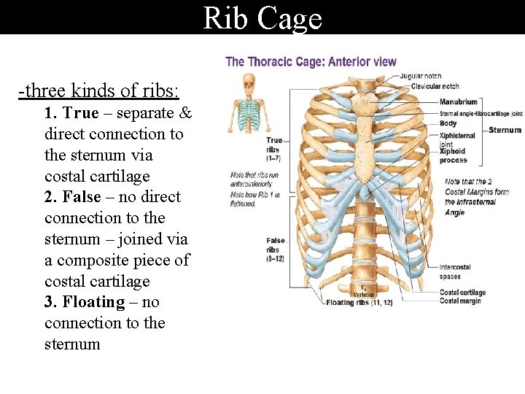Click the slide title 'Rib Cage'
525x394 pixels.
pyautogui.click(x=262, y=18)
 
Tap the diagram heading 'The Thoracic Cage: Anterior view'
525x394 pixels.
pyautogui.click(x=311, y=61)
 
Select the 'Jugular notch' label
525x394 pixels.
pyautogui.click(x=421, y=76)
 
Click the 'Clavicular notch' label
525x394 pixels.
pyautogui.click(x=435, y=86)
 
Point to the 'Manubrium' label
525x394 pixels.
pyautogui.click(x=459, y=102)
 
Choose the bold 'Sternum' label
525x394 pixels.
pyautogui.click(x=505, y=130)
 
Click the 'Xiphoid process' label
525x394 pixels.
pyautogui.click(x=453, y=156)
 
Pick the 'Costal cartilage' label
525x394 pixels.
pyautogui.click(x=462, y=293)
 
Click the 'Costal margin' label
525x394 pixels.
pyautogui.click(x=459, y=301)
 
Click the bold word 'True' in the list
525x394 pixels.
pyautogui.click(x=79, y=113)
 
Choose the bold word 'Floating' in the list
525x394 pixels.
pyautogui.click(x=93, y=302)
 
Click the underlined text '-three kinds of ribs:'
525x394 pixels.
pyautogui.click(x=99, y=91)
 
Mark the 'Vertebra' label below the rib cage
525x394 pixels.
pyautogui.click(x=364, y=294)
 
